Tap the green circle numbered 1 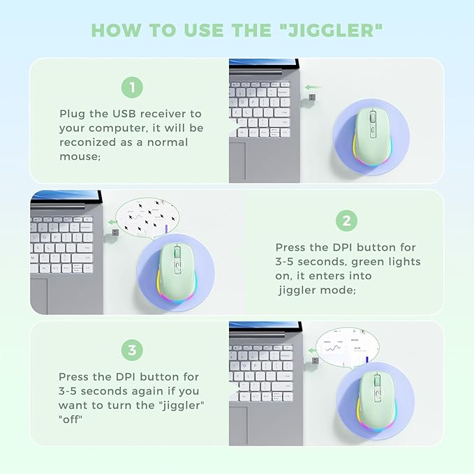(132, 87)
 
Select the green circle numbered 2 (346, 221)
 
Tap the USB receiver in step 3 (313, 362)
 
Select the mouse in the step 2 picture (179, 273)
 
